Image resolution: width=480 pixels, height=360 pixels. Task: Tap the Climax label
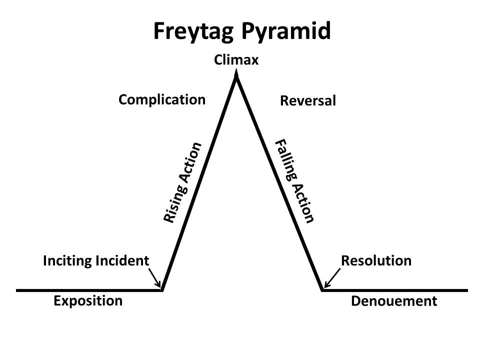(x=236, y=60)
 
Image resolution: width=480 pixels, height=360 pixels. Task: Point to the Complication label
(x=162, y=99)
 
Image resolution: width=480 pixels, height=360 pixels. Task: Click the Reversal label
(x=308, y=101)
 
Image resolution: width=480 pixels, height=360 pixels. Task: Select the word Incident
(x=124, y=260)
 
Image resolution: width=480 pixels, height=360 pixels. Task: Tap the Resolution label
(x=376, y=260)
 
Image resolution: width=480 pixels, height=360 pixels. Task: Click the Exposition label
(x=88, y=301)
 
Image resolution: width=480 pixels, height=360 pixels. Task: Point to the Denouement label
(x=394, y=301)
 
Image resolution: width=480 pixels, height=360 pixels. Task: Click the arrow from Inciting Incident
(x=154, y=276)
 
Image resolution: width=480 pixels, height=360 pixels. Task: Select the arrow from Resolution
(x=332, y=278)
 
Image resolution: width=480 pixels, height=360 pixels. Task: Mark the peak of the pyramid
(x=236, y=76)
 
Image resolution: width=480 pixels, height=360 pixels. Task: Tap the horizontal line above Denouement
(x=395, y=290)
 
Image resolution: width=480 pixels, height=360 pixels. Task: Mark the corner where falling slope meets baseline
(x=323, y=289)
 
